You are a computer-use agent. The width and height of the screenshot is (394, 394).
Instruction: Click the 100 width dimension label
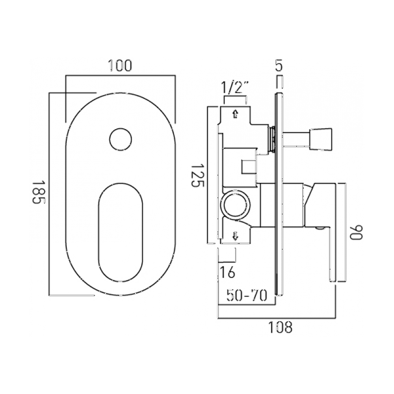(120, 65)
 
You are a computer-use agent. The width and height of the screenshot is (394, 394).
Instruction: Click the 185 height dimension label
(37, 192)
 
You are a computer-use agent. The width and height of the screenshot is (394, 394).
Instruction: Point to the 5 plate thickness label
(279, 65)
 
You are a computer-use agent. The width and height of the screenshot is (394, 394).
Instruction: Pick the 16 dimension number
(228, 272)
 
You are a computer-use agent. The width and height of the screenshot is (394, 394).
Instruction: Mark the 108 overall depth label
(280, 327)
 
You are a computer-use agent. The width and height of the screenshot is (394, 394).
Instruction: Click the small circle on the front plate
(120, 139)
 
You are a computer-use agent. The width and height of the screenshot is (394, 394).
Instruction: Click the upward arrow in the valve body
(235, 114)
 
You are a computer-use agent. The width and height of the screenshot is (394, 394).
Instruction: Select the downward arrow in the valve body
(235, 236)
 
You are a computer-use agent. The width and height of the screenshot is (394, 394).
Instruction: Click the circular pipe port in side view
(235, 205)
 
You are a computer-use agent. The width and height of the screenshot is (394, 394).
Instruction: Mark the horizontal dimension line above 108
(277, 318)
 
